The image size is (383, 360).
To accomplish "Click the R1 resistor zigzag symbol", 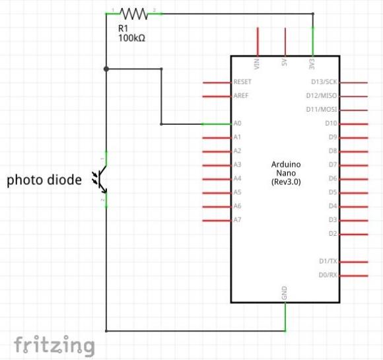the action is point(134,14).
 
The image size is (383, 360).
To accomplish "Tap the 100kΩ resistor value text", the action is point(131,38).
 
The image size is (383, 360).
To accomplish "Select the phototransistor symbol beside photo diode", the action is point(100,180).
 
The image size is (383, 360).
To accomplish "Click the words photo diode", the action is point(44,180).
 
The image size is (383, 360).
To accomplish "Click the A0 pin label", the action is point(237,123).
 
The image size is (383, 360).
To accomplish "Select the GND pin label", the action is point(285,293).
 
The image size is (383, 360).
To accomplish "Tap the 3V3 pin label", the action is point(312,64).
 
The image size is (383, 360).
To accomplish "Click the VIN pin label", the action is point(257,64).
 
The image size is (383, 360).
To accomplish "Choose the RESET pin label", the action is point(242,82).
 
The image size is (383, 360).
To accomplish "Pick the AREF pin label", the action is point(241,96).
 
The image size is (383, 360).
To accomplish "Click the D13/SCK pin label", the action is point(324,82).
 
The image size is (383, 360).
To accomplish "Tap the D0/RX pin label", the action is point(328,275).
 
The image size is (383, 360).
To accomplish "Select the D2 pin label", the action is point(333,234).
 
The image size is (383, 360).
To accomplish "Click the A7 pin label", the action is point(237,220).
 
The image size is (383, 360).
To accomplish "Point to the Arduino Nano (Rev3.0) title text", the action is point(286,173).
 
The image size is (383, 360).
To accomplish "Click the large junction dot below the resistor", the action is point(106,69).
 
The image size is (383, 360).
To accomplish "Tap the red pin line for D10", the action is point(354,124).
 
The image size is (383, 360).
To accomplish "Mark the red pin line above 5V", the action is point(285,42).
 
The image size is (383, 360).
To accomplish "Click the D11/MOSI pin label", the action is point(322,110).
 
